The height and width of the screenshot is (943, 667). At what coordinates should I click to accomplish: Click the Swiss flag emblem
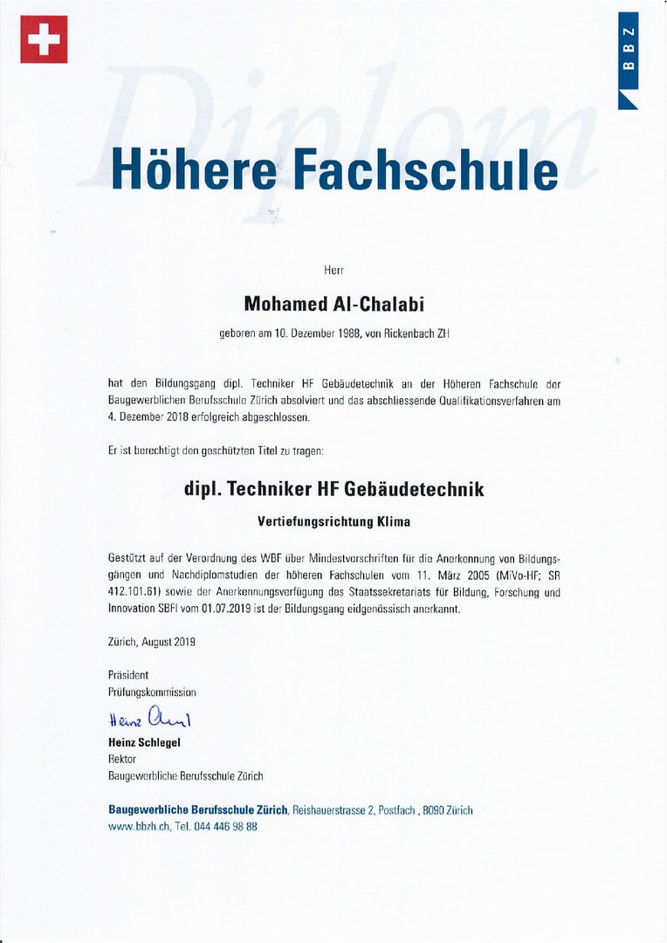point(44,39)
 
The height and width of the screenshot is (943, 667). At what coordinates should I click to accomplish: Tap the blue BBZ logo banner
point(628,59)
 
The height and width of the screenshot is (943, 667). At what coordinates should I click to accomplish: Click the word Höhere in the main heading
point(191,170)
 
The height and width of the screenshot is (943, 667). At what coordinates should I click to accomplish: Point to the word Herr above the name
point(333,272)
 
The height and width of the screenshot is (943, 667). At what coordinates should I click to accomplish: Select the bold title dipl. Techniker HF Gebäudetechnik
point(333,489)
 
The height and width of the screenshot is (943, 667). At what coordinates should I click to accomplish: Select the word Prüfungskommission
point(152,692)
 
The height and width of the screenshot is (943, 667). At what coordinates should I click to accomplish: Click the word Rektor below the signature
point(123,760)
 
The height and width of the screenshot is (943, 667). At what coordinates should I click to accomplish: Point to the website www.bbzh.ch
point(138,827)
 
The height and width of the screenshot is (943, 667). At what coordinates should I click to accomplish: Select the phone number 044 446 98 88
point(228,827)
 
